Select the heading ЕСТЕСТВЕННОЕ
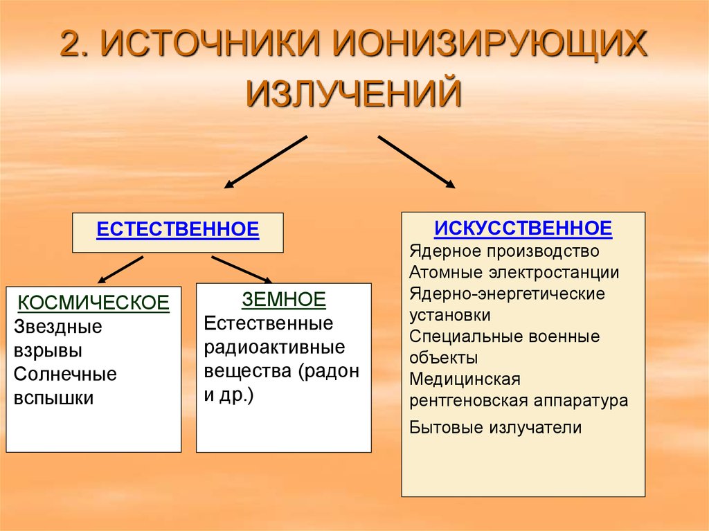[178, 229]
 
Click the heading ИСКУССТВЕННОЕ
[523, 228]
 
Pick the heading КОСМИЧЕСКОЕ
[93, 303]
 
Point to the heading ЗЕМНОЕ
[284, 299]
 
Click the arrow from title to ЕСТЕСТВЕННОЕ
[266, 162]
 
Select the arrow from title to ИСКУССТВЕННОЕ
[416, 161]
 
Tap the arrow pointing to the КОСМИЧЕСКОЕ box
[120, 270]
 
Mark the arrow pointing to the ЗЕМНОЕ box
[242, 269]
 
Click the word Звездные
[58, 327]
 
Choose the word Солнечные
[65, 375]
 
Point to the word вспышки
[53, 399]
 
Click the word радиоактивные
[274, 348]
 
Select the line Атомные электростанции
[514, 272]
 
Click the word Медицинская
[465, 379]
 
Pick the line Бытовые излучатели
[496, 427]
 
